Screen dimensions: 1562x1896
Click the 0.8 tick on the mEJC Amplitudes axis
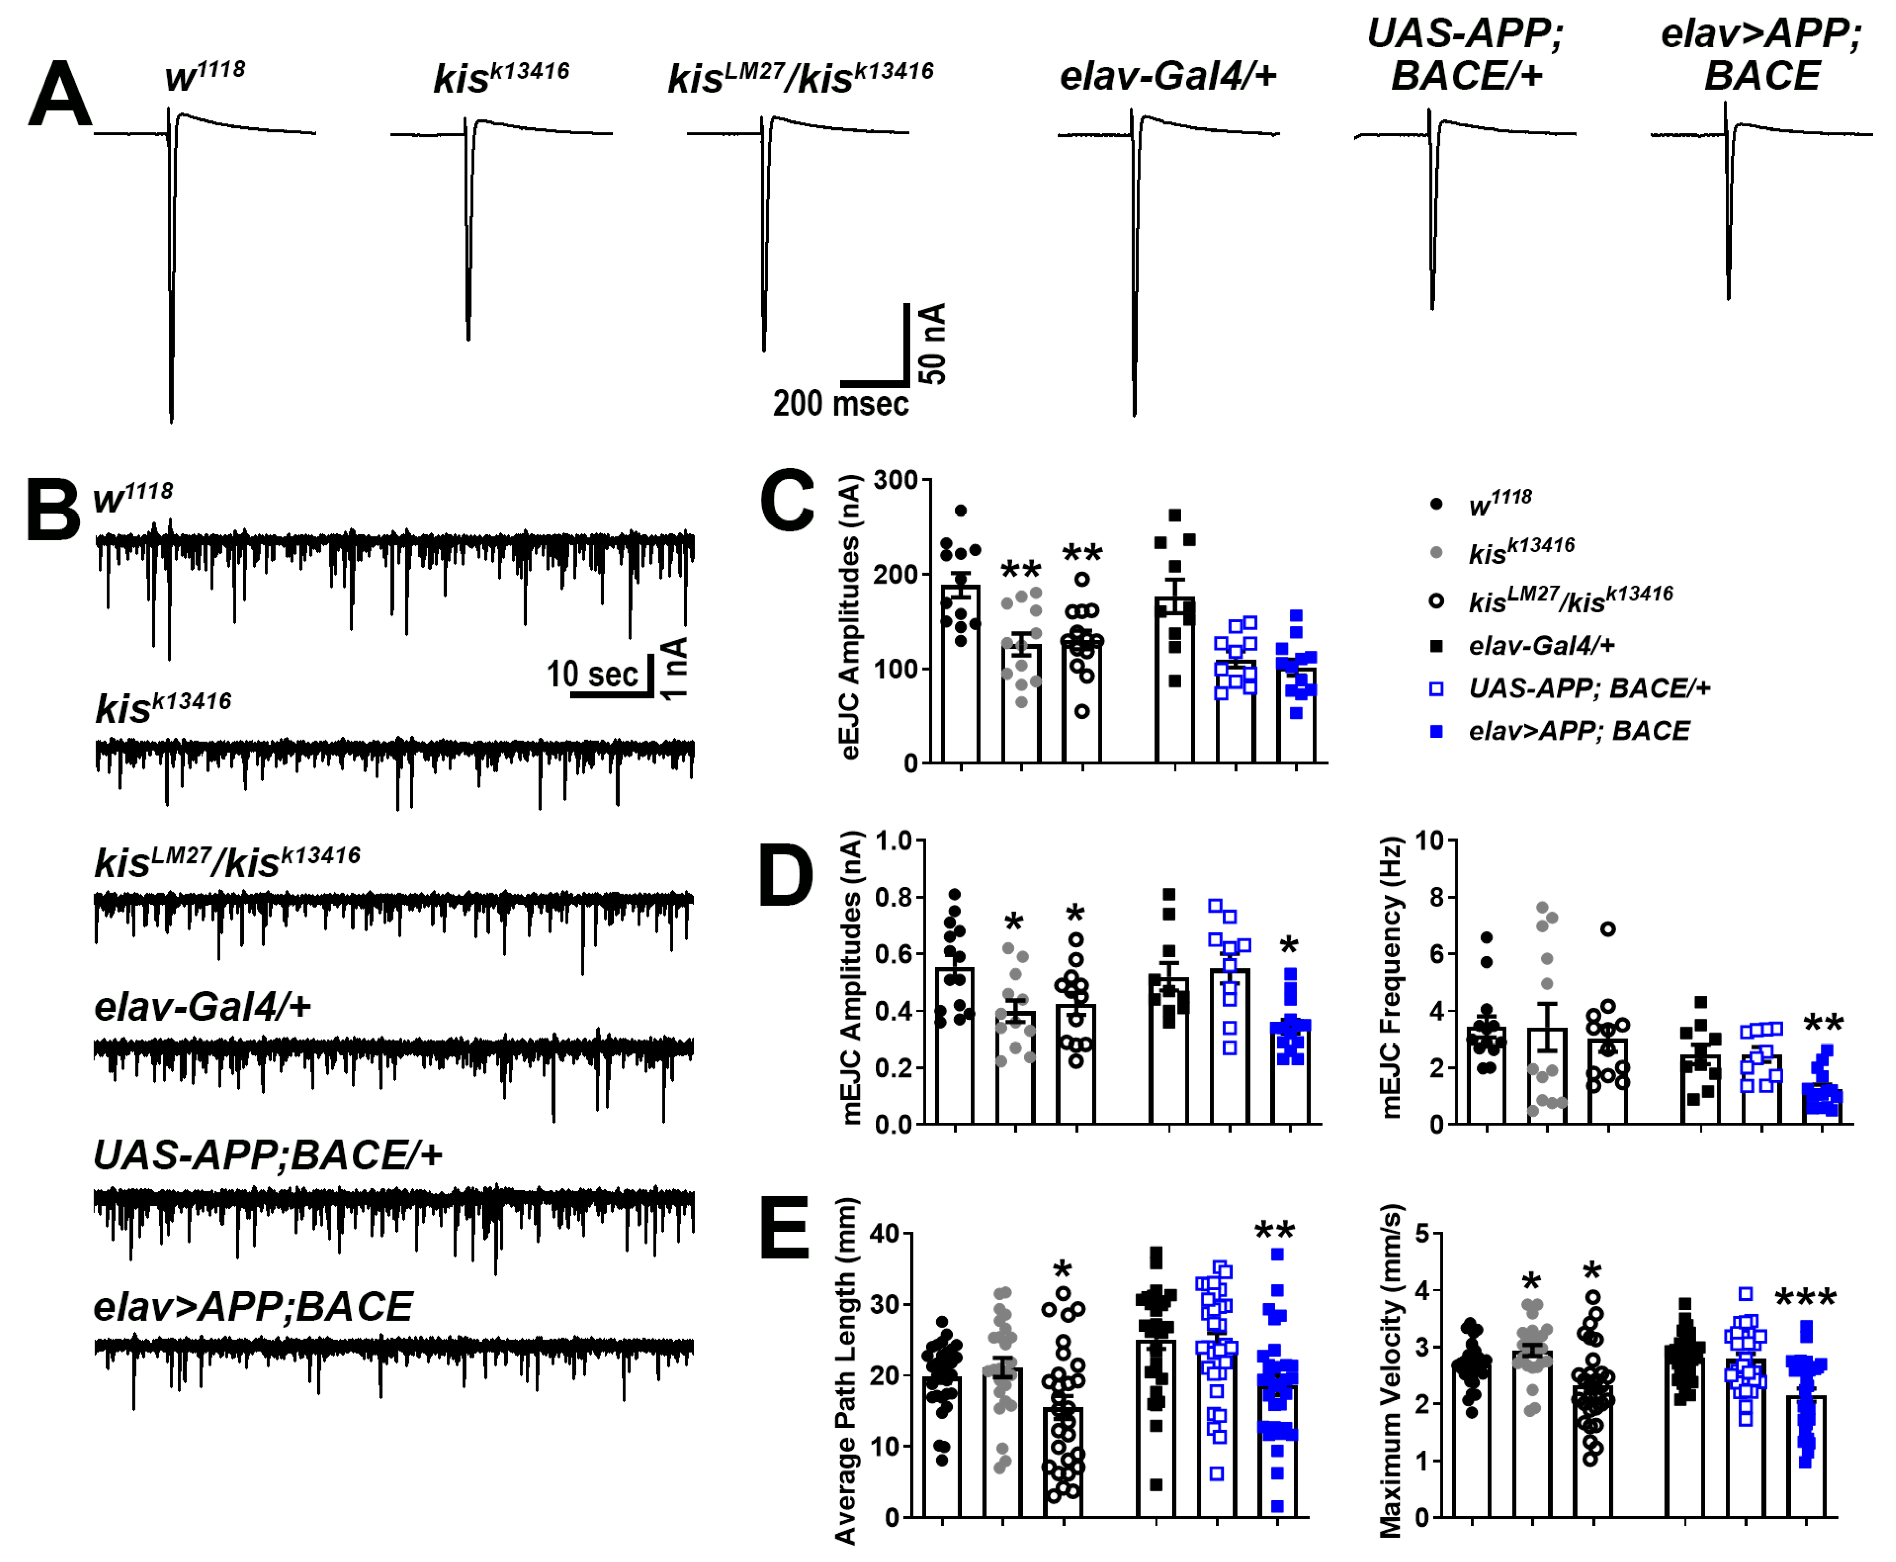[894, 897]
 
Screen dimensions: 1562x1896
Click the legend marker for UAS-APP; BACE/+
[1436, 689]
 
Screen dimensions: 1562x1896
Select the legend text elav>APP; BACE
[1578, 731]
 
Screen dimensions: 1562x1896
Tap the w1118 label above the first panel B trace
[133, 497]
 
